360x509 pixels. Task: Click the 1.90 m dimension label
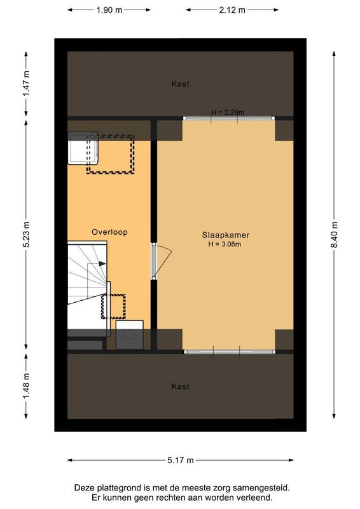109,10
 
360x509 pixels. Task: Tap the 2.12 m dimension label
232,10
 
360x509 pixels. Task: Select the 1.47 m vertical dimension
26,83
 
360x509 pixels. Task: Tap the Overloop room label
109,232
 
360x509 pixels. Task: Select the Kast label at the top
180,84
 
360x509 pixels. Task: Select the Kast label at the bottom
180,386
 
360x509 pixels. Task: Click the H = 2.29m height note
228,113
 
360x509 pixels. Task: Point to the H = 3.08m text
225,244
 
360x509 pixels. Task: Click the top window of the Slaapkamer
229,118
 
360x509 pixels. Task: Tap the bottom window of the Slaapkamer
229,351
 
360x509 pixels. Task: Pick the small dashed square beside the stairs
113,306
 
